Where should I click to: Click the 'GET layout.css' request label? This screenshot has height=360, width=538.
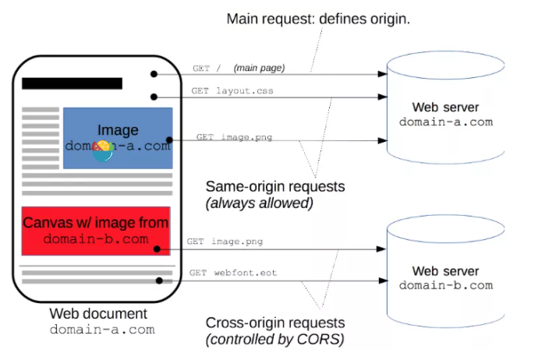click(232, 91)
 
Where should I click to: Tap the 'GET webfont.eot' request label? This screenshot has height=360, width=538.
click(232, 274)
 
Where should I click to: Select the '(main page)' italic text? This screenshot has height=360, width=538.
click(259, 69)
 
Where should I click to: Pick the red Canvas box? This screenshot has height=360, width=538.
click(95, 231)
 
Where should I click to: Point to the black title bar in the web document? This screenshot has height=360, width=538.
click(72, 83)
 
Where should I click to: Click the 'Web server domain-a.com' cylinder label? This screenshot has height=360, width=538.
click(446, 115)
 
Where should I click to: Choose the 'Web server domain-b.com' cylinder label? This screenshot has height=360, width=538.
click(446, 277)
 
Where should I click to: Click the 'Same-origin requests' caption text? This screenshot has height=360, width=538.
click(274, 187)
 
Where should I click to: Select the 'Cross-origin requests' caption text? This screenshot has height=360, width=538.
click(275, 323)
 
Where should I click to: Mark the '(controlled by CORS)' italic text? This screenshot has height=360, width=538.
click(274, 340)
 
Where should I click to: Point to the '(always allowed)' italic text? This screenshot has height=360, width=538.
click(260, 203)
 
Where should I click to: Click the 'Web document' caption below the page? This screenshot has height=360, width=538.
click(98, 313)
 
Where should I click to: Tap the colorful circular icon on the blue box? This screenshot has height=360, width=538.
click(103, 153)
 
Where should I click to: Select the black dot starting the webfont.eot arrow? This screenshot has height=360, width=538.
click(158, 279)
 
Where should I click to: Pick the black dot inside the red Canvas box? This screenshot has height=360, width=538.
click(158, 249)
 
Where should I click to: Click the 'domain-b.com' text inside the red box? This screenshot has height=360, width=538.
click(96, 238)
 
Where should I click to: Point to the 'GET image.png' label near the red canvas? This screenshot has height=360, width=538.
click(225, 242)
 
